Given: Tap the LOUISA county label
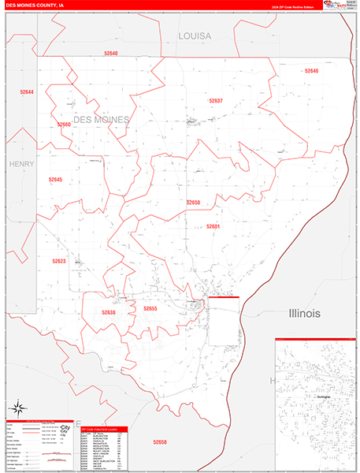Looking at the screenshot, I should pos(195,36).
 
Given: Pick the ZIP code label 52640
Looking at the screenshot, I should pos(110,54).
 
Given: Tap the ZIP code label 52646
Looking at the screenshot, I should pos(311,71).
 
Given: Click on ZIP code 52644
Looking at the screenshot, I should pos(27,92).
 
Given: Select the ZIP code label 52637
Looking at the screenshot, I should pos(216,101).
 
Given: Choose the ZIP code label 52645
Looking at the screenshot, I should pos(55,180).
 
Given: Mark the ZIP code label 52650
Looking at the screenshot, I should pos(193,203).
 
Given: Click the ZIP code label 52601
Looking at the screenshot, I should pos(213,226).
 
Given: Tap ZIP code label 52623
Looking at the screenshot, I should pos(59,261).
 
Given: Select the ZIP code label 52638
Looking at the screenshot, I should pos(109,312).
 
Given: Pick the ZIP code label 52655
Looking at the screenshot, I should pos(150,308).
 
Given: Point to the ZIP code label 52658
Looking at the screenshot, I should pos(160,442).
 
